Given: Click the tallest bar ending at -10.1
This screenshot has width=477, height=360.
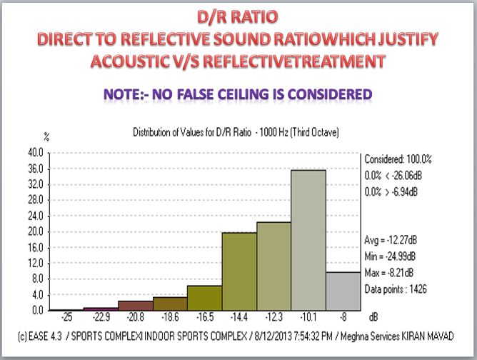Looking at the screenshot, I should (308, 240).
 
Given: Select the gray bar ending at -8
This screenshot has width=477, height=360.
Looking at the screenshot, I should (343, 291).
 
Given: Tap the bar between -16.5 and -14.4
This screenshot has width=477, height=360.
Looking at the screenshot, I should (239, 271).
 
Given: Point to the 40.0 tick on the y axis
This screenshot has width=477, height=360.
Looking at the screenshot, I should (33, 153).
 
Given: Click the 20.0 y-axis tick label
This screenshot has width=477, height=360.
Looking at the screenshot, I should (33, 232).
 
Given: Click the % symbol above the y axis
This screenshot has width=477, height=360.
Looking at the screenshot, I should (46, 135).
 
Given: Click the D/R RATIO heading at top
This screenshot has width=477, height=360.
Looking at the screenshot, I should (239, 15).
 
